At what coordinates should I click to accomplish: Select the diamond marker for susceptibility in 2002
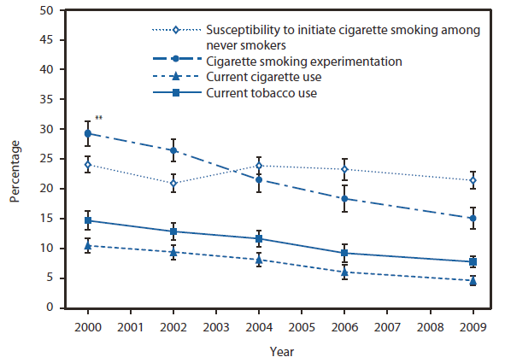point(173,183)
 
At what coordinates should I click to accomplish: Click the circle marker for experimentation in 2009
point(473,219)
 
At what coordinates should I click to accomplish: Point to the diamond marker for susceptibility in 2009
point(473,180)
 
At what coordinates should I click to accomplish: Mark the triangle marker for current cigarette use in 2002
point(173,252)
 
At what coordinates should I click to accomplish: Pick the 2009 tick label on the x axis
point(473,327)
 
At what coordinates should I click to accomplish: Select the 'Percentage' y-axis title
point(15,159)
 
